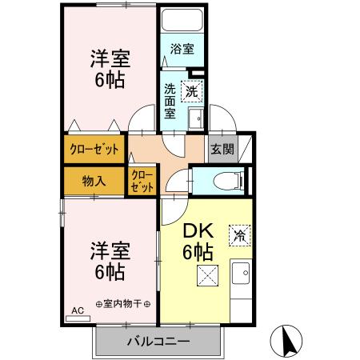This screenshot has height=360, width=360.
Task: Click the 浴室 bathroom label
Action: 182,49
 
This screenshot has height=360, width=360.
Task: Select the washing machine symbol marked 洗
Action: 191,91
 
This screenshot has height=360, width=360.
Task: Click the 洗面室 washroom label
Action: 170,101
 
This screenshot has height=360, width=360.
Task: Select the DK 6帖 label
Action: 198,242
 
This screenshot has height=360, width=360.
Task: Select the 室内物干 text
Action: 123,304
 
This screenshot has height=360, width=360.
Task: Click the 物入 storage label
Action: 94,180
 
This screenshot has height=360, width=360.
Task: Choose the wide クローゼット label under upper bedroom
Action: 94,148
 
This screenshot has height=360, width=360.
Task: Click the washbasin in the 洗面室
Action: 194,120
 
